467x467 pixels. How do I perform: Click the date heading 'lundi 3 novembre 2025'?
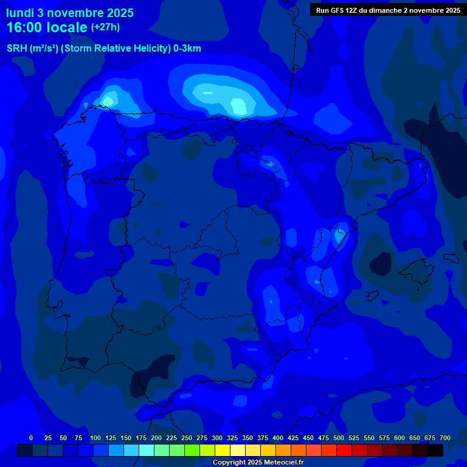click(x=70, y=13)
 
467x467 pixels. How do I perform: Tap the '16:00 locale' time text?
click(x=47, y=27)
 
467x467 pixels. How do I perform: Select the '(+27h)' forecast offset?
click(x=105, y=27)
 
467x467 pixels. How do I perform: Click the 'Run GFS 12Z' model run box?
click(x=388, y=10)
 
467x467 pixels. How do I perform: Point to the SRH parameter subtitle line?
click(x=103, y=49)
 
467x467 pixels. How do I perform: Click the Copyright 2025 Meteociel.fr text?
click(x=258, y=463)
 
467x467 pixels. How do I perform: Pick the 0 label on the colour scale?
click(x=31, y=438)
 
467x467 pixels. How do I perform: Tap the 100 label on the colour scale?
click(x=95, y=438)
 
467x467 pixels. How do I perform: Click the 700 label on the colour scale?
click(x=445, y=438)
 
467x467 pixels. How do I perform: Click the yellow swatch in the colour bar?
click(x=223, y=450)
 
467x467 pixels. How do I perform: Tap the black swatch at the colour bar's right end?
click(x=435, y=450)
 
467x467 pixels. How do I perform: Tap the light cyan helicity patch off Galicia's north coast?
click(x=110, y=99)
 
